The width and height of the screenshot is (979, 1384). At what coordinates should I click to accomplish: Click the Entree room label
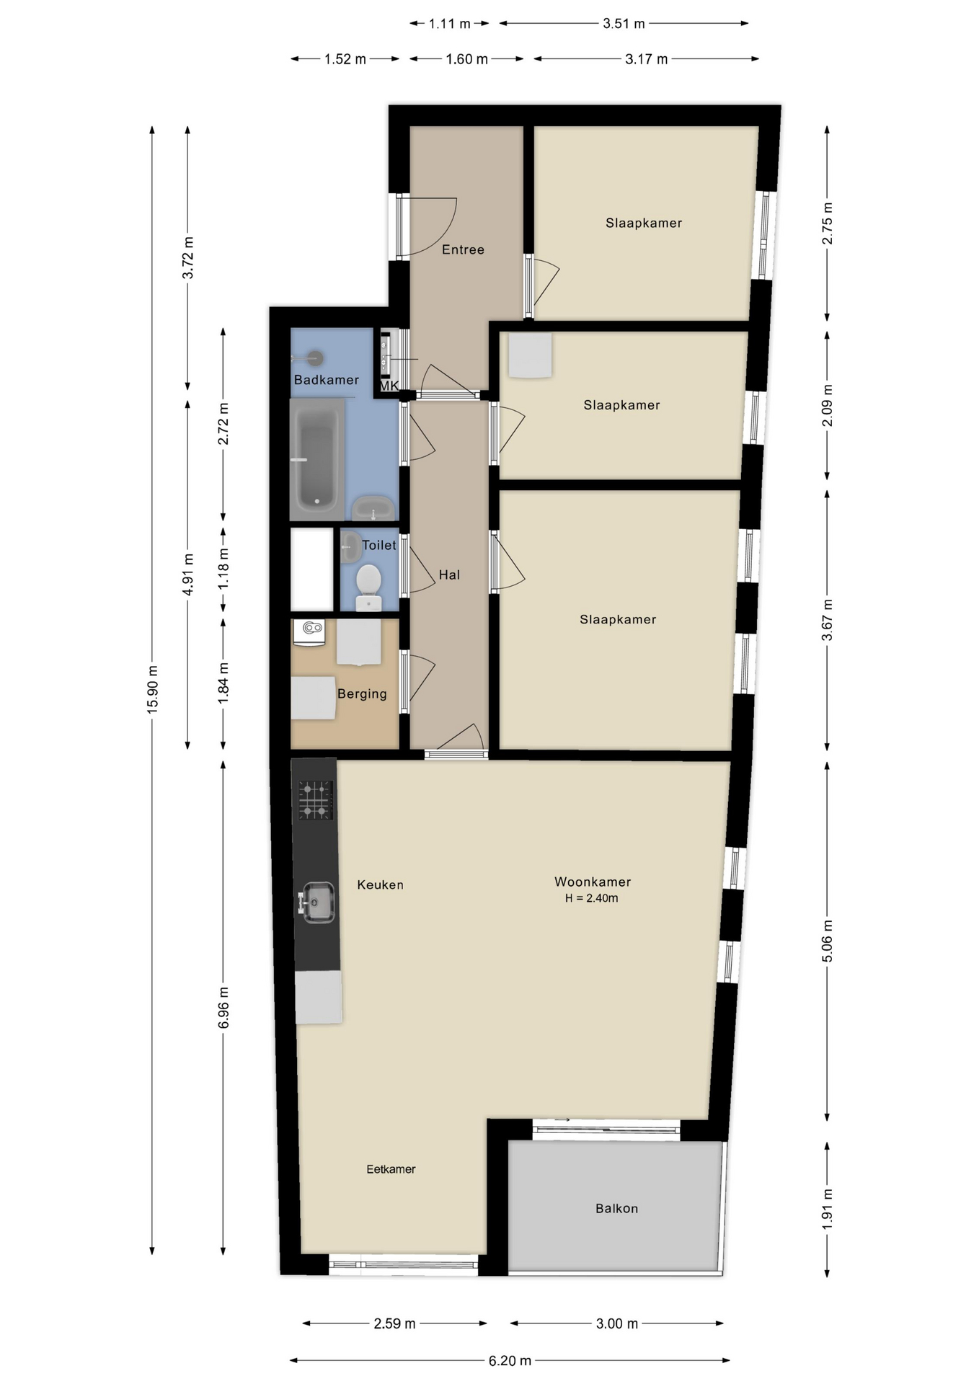tap(463, 249)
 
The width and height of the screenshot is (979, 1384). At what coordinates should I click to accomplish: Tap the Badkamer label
tap(326, 380)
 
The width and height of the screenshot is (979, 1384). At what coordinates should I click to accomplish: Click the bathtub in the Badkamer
tap(316, 459)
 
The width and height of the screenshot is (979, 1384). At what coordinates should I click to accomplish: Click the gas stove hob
tap(316, 800)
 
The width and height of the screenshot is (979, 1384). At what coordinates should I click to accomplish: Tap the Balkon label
tap(616, 1208)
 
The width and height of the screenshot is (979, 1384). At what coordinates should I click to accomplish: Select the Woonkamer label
tap(593, 882)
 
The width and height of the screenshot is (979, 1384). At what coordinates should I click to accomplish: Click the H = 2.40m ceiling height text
tap(592, 898)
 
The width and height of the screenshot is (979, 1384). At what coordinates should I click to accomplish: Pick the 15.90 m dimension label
tap(152, 690)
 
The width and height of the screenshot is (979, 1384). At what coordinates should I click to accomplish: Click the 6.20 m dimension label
tap(510, 1361)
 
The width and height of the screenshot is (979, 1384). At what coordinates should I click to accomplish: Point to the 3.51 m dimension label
tap(624, 23)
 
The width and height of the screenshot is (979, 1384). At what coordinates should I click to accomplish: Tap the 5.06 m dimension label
tap(827, 941)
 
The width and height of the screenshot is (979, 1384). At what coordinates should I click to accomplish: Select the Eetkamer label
tap(391, 1169)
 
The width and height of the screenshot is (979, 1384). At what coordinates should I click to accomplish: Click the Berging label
tap(362, 694)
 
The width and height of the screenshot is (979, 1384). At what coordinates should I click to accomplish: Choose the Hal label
tap(449, 575)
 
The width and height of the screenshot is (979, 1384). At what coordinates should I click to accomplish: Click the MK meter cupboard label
tap(389, 386)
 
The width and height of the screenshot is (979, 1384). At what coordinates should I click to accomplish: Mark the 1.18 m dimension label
tap(223, 569)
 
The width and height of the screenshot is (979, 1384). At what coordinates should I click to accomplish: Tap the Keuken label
tap(380, 884)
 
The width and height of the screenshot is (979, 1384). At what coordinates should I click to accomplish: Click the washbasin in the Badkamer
tap(373, 508)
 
